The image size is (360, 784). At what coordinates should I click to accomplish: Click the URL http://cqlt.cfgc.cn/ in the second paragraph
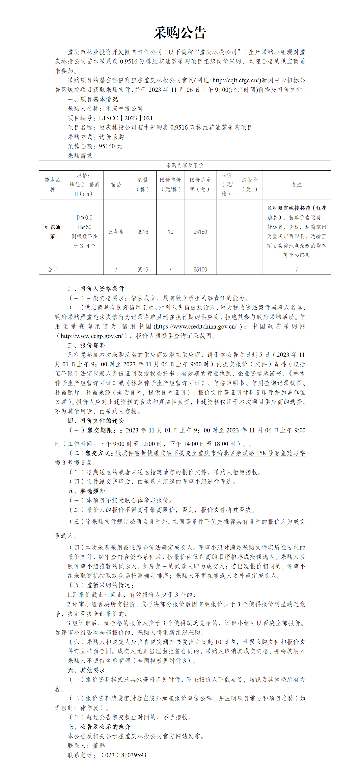(x=236, y=80)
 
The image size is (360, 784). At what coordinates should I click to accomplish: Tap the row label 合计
(x=52, y=270)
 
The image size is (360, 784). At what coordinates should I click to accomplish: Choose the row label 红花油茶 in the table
(x=52, y=232)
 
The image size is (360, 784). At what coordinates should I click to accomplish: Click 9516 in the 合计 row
(x=142, y=270)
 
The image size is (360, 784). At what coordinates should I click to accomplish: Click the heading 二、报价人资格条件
(x=96, y=288)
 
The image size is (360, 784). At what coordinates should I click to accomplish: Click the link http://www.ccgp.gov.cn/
(x=92, y=336)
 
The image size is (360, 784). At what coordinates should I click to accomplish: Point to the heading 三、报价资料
(x=86, y=345)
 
